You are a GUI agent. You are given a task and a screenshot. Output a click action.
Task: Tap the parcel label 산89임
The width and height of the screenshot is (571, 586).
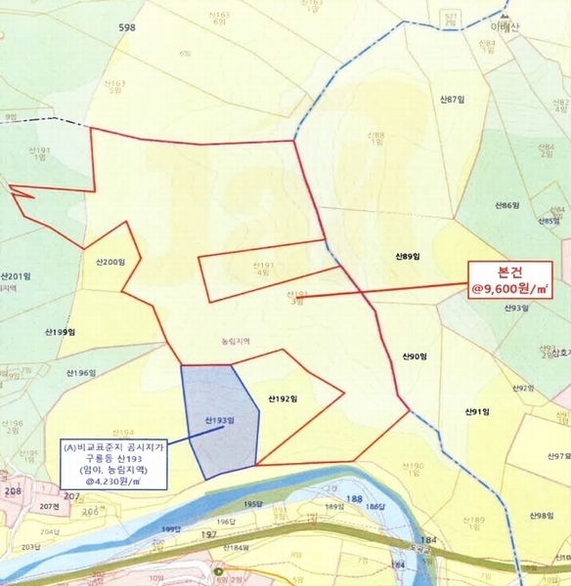pos(408,257)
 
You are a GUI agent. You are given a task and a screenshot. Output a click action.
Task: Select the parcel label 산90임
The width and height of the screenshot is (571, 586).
pos(415,357)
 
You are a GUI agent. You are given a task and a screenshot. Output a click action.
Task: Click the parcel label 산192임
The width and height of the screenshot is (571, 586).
pos(282,398)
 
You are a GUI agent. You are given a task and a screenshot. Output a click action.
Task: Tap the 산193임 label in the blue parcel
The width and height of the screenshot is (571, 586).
pos(220,421)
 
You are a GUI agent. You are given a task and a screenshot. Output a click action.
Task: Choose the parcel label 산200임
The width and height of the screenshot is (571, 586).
pos(110,263)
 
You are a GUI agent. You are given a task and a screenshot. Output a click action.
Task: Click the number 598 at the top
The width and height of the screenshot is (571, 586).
pos(126,27)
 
